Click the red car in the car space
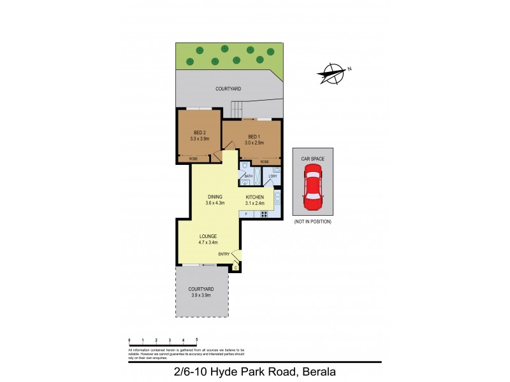312,187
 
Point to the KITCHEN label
255,197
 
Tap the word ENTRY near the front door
224,254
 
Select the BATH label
249,176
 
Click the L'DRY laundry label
265,176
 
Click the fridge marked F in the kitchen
246,214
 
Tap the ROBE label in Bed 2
193,158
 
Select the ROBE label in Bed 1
264,162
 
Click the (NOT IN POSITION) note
312,222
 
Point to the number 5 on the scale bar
197,340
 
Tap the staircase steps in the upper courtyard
237,110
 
